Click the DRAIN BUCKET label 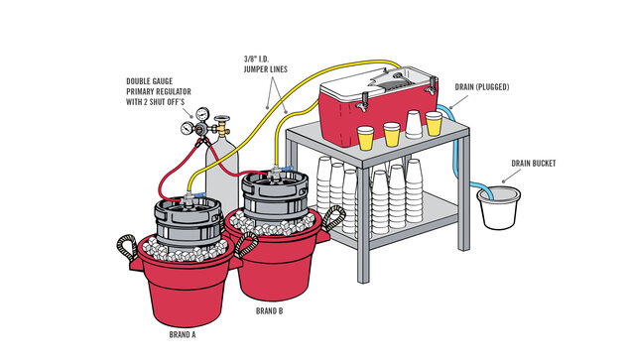pyautogui.click(x=533, y=164)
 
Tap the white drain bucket pyautogui.click(x=499, y=208)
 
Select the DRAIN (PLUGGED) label pyautogui.click(x=482, y=87)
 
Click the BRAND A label pyautogui.click(x=183, y=334)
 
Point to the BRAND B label pyautogui.click(x=269, y=311)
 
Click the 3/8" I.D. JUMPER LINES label pyautogui.click(x=265, y=64)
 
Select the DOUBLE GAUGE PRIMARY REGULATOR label pyautogui.click(x=159, y=91)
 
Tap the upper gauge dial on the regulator pyautogui.click(x=203, y=114)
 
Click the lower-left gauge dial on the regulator pyautogui.click(x=187, y=128)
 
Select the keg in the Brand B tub pyautogui.click(x=275, y=197)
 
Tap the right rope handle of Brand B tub pyautogui.click(x=333, y=218)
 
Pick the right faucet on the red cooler pyautogui.click(x=432, y=85)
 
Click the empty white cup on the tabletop pyautogui.click(x=414, y=124)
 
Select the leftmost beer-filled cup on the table pyautogui.click(x=366, y=138)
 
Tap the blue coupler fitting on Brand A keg pyautogui.click(x=199, y=195)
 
